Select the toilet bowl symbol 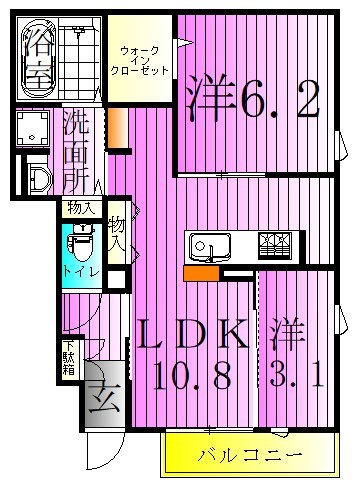(80, 240)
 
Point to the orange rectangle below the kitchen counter (201, 271)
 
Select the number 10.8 (194, 377)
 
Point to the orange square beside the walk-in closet (117, 128)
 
